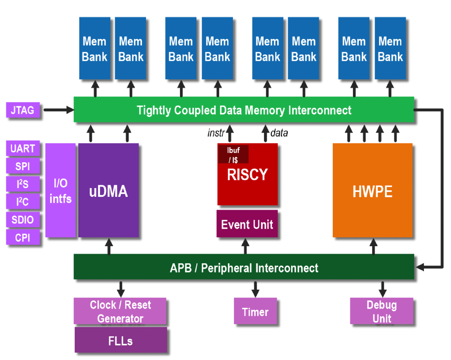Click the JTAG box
click(x=23, y=111)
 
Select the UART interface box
click(x=23, y=149)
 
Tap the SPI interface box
click(x=23, y=166)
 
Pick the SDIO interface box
click(x=23, y=220)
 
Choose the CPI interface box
click(x=23, y=238)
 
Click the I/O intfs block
click(x=61, y=191)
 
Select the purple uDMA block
click(x=109, y=191)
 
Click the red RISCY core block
click(x=247, y=179)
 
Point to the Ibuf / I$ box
click(x=233, y=154)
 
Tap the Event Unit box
click(x=247, y=224)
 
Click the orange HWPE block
click(x=372, y=191)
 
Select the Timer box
click(x=255, y=311)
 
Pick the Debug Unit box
click(x=382, y=311)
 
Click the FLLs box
click(x=120, y=340)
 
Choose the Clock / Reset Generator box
click(x=120, y=311)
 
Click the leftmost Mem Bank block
click(x=95, y=48)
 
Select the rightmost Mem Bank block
click(x=390, y=48)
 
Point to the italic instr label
click(x=216, y=133)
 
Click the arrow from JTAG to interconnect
click(x=58, y=110)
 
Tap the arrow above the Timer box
click(x=255, y=288)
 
